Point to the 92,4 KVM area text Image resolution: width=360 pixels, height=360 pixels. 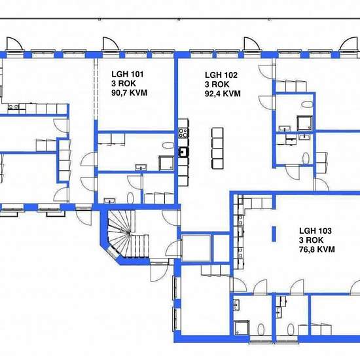click(223, 94)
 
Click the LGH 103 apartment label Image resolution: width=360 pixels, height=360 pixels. click(315, 230)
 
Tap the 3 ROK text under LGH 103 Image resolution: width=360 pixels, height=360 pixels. click(310, 240)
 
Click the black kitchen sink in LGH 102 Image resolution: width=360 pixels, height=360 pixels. click(184, 152)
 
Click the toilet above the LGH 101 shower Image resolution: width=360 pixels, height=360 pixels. click(168, 146)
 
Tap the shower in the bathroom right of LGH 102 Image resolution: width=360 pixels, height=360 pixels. click(305, 122)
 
